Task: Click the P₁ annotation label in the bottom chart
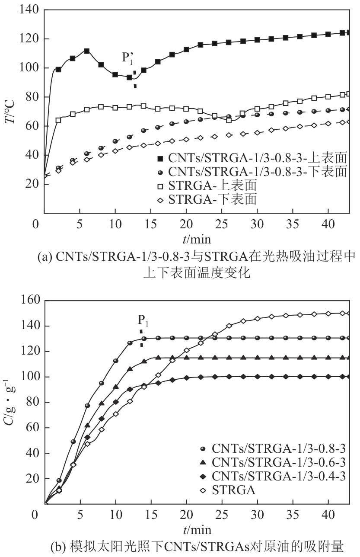click(x=143, y=320)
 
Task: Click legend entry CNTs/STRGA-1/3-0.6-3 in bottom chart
click(x=278, y=462)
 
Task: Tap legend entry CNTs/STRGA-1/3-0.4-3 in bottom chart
click(x=278, y=476)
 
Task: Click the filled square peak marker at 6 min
click(x=87, y=51)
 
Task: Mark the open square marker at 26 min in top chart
click(x=229, y=120)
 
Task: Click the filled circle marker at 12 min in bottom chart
click(x=130, y=343)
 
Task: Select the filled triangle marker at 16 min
click(x=158, y=358)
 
